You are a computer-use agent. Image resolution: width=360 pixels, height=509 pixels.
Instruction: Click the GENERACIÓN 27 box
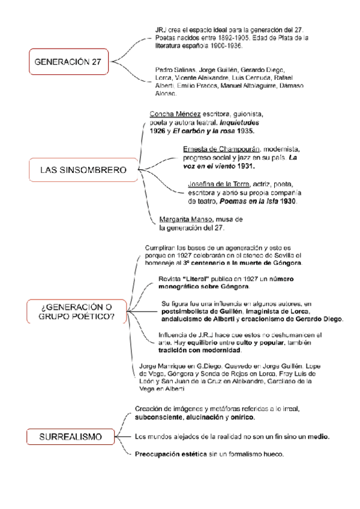point(67,61)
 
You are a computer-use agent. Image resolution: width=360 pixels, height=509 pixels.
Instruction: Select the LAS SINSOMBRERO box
point(83,170)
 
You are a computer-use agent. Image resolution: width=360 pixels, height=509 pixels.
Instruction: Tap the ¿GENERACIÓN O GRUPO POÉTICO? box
point(73,313)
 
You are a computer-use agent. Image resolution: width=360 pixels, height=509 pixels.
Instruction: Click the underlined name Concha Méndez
point(175,113)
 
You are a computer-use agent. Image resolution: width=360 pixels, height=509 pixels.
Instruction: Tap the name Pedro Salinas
point(170,70)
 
